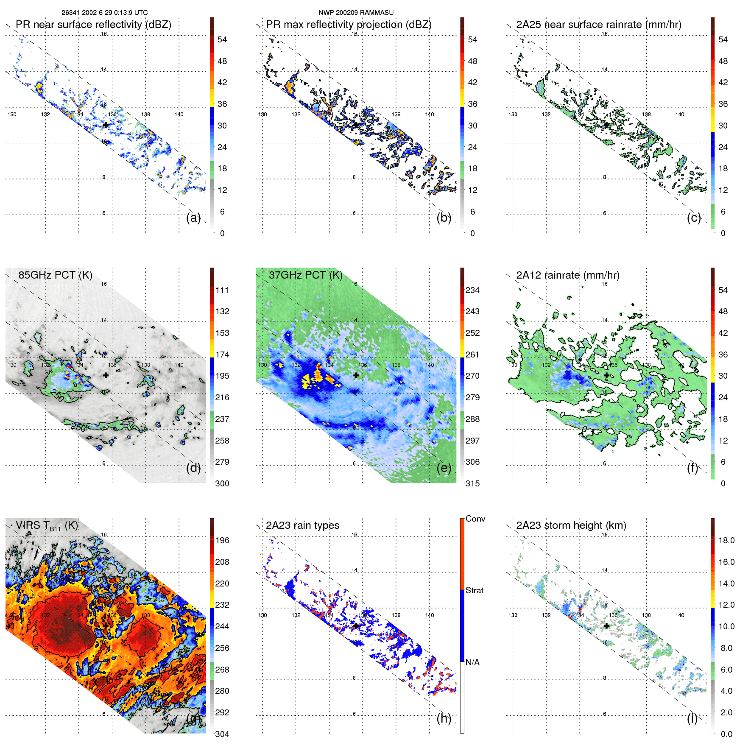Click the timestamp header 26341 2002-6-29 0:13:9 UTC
[x=104, y=13]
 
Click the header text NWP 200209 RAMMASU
[x=356, y=13]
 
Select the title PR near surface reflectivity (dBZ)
[x=93, y=25]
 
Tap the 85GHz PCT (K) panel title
[x=55, y=275]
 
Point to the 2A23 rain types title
[x=302, y=525]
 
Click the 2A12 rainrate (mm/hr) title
[x=567, y=275]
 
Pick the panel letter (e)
[x=444, y=468]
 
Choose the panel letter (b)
[x=444, y=218]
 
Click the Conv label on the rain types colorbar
[x=475, y=519]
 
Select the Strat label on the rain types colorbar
[x=475, y=590]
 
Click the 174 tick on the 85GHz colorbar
[x=222, y=355]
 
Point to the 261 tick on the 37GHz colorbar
[x=472, y=355]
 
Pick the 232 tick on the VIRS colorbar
[x=222, y=605]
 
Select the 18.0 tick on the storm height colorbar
[x=726, y=540]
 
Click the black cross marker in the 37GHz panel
[x=356, y=375]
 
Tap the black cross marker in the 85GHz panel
[x=106, y=375]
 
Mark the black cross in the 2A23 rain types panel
[x=356, y=626]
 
